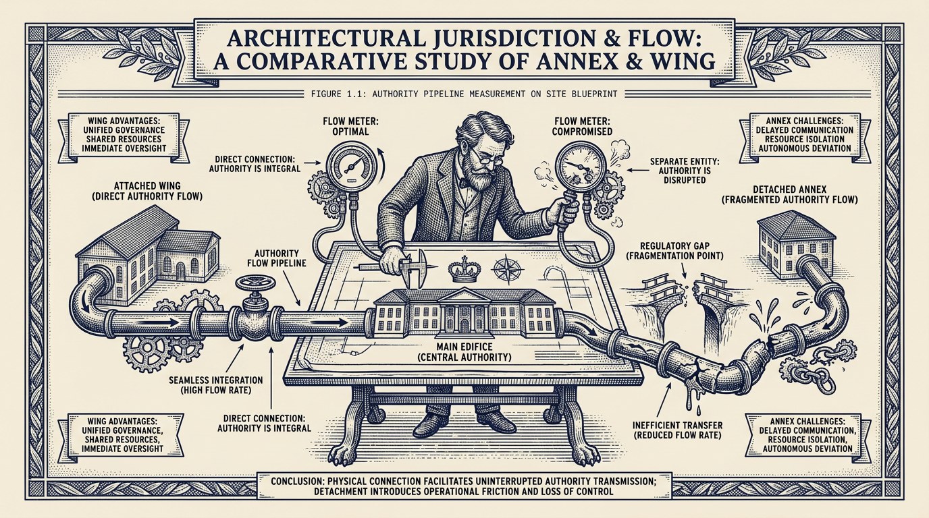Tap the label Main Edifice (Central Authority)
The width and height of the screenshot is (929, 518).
coord(464,351)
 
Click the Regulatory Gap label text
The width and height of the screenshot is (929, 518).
coord(675,251)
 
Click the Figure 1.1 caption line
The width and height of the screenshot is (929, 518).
coord(464,94)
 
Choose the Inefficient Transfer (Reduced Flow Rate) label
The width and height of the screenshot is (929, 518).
coord(678,430)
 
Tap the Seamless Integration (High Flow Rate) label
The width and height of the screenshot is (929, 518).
coord(216,385)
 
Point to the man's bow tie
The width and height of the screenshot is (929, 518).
coord(462,182)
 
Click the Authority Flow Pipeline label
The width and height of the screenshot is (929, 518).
coord(277,258)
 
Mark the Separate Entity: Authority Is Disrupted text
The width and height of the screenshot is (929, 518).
coord(681,171)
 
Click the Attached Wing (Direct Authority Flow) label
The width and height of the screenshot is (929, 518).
coord(147,191)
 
